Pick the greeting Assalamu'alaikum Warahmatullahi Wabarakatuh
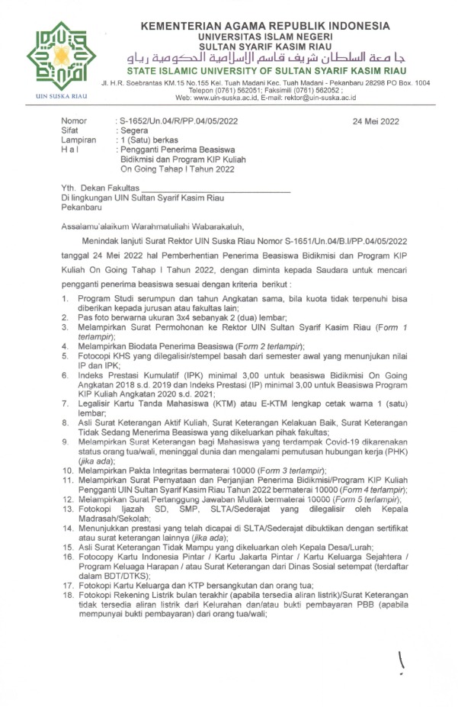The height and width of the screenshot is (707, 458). click(152, 226)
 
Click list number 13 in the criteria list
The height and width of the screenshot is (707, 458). click(67, 508)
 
